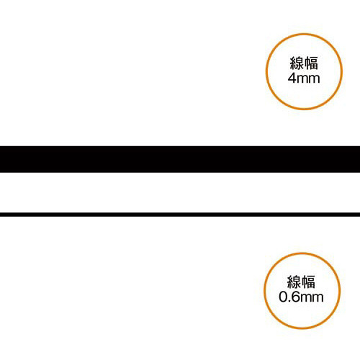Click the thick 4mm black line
click(x=180, y=159)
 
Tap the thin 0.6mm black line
click(x=180, y=215)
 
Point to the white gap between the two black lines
click(x=180, y=192)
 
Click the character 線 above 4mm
click(x=297, y=63)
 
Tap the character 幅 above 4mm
click(x=311, y=63)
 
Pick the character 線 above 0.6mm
click(x=294, y=282)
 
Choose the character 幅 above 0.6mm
click(x=308, y=282)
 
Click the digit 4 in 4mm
click(x=292, y=78)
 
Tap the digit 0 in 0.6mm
click(x=283, y=297)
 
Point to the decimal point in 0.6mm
click(x=289, y=301)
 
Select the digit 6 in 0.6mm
click(x=295, y=297)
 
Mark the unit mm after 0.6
click(x=312, y=298)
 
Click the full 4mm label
click(x=304, y=78)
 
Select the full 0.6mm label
click(x=301, y=297)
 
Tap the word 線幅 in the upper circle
click(x=304, y=63)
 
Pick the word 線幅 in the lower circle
click(x=301, y=282)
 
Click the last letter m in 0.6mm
click(x=318, y=298)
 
